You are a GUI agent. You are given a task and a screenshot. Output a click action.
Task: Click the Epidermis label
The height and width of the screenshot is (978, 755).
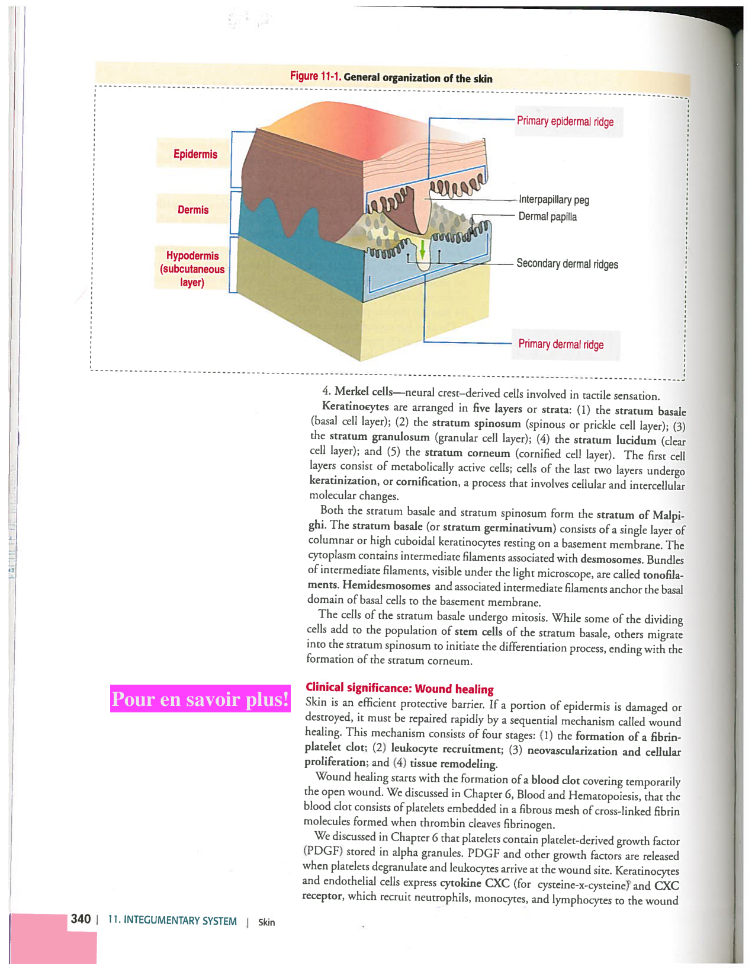[195, 154]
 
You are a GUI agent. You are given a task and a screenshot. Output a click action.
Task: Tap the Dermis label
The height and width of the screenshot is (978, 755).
[193, 210]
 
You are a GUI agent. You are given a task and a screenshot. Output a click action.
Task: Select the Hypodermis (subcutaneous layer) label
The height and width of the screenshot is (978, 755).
[192, 269]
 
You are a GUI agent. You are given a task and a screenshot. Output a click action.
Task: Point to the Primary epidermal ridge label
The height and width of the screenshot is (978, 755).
[565, 122]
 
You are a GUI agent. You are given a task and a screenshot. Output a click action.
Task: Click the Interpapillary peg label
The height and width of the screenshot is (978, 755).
[554, 200]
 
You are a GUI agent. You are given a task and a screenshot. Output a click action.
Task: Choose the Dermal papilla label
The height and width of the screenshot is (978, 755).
[547, 216]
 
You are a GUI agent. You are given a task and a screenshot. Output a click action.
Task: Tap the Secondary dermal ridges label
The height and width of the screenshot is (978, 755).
[567, 264]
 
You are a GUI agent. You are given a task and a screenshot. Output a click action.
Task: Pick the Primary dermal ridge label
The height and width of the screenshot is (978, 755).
[561, 344]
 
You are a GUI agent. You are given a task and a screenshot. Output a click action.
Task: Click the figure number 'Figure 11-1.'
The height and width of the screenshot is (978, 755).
[316, 76]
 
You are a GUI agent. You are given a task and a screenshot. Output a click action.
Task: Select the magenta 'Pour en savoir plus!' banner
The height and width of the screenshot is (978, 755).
[200, 699]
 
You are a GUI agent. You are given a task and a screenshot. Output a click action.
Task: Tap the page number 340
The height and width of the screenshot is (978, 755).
[81, 919]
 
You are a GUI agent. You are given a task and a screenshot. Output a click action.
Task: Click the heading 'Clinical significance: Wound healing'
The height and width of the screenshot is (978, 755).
[399, 688]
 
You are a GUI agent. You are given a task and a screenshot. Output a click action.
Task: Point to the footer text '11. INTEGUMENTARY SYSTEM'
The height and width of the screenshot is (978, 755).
[172, 921]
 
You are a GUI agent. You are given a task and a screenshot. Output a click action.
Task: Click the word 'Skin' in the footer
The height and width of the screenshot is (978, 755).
[266, 922]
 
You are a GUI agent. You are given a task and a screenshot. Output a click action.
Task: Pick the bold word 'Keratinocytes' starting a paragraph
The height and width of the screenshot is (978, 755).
[355, 407]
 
